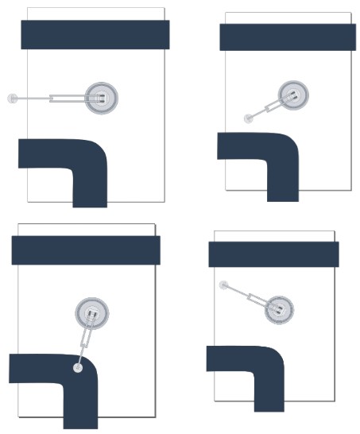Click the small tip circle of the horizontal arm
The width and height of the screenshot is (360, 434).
point(12,99)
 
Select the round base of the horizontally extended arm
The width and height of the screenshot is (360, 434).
point(101,98)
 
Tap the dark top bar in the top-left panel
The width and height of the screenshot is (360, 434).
point(95,34)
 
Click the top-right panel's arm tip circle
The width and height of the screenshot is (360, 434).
point(248,118)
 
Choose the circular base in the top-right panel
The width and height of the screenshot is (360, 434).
point(293,95)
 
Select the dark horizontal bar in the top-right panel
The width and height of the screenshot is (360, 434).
point(287,37)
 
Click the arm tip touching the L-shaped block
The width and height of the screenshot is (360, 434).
point(78,367)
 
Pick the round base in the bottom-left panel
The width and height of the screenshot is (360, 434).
point(92,313)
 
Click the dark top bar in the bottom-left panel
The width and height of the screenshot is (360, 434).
point(86,250)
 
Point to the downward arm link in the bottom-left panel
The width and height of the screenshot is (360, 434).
point(85,342)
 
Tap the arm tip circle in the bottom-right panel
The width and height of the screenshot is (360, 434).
point(224,284)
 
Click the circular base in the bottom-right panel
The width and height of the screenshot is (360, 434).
point(277,308)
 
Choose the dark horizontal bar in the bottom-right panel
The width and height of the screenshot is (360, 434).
point(273,254)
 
